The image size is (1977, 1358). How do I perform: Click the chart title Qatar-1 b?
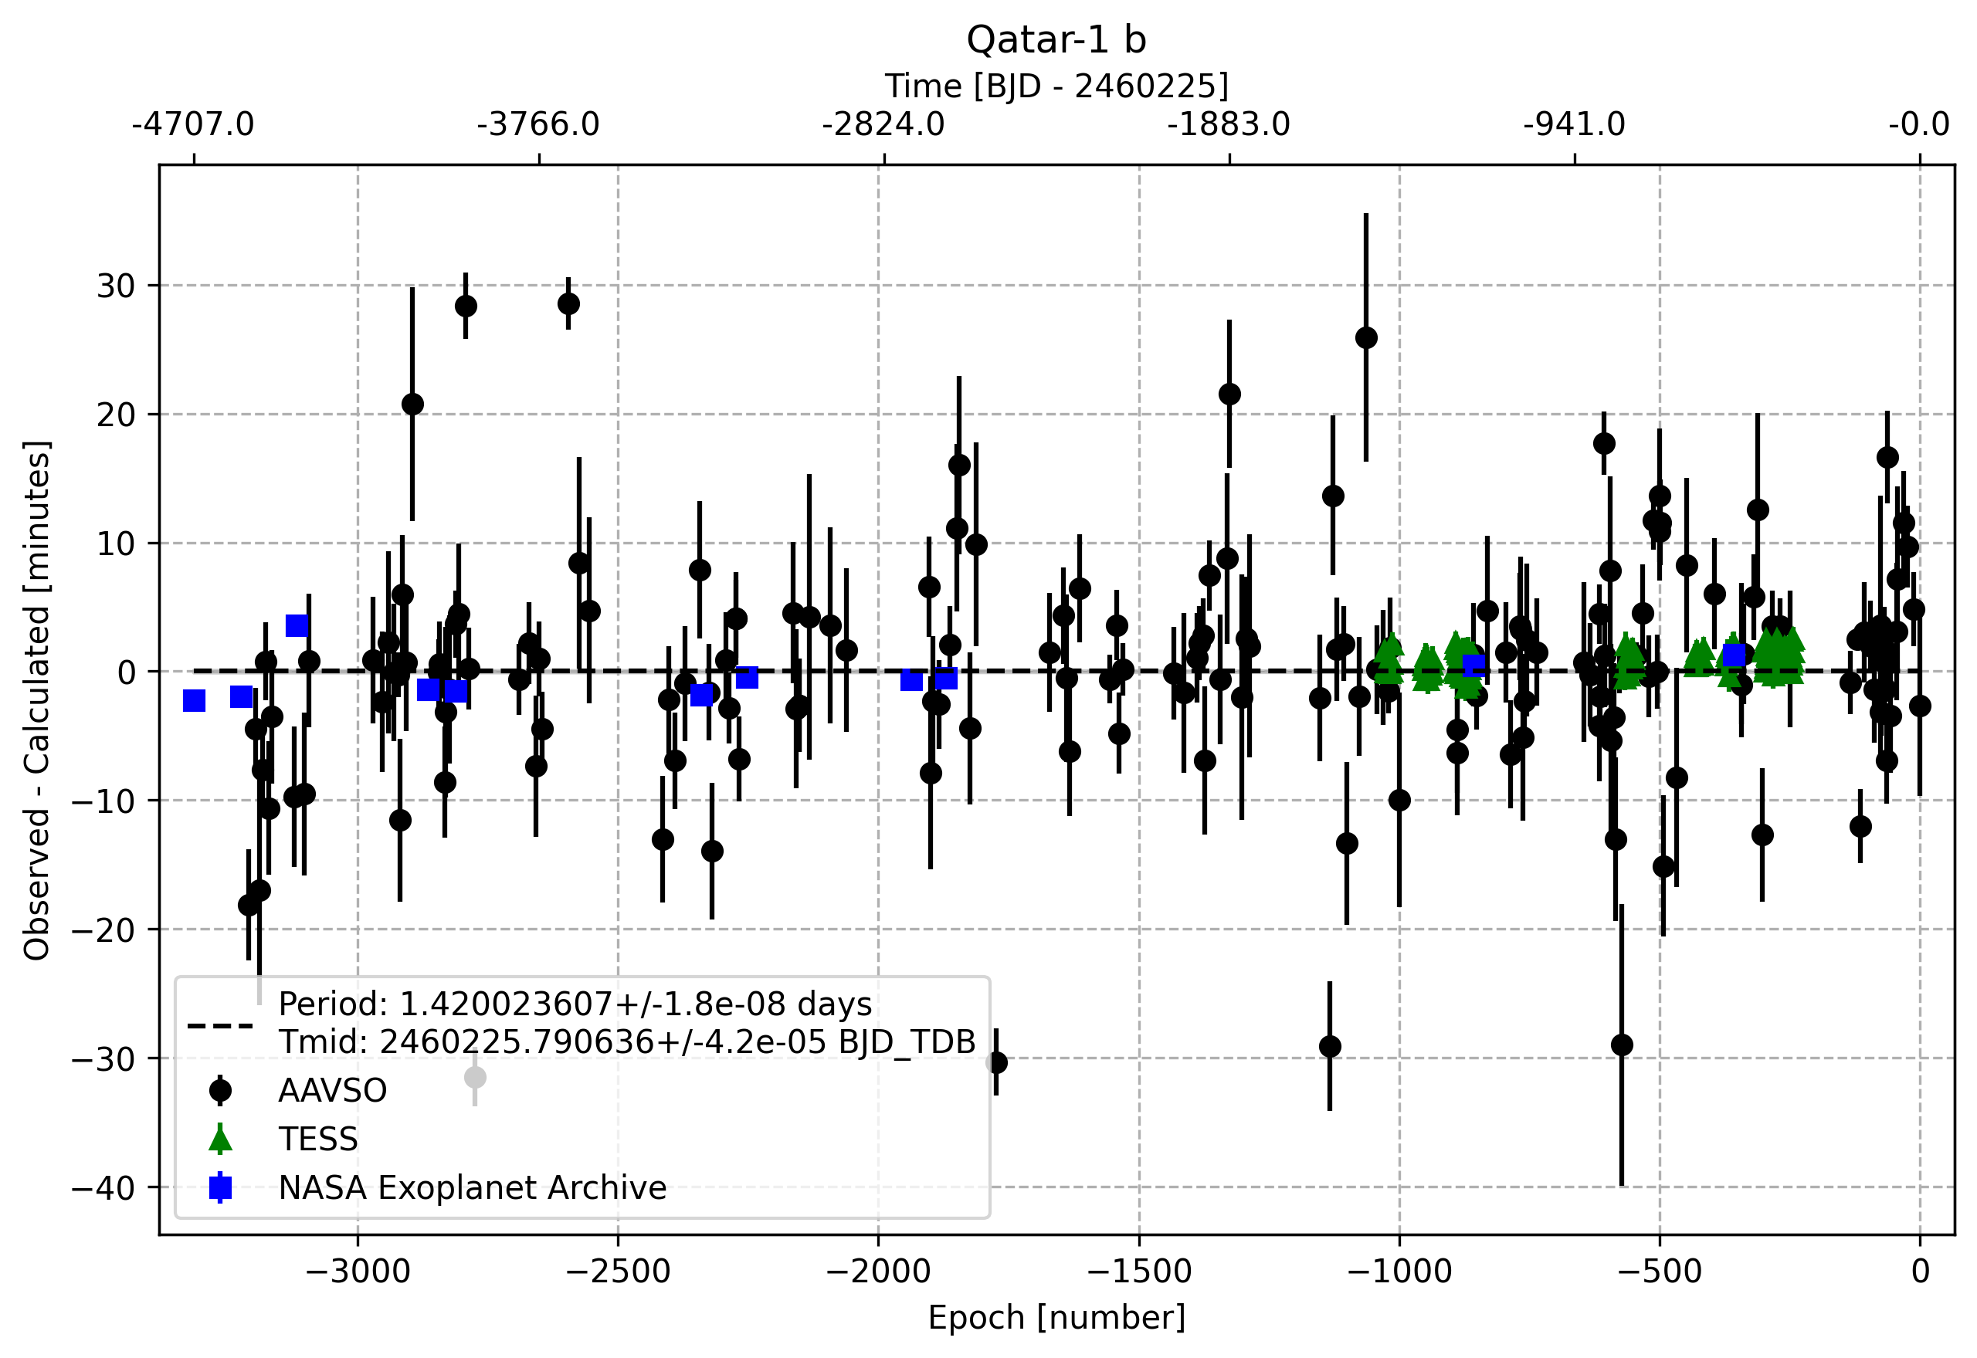(1056, 40)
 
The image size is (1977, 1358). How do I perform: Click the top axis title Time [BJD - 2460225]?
(1056, 86)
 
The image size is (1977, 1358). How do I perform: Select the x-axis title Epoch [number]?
(1056, 1317)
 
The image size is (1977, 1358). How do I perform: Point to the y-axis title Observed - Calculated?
(36, 700)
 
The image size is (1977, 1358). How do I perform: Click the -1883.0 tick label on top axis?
(1228, 125)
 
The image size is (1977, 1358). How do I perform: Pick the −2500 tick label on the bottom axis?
(618, 1272)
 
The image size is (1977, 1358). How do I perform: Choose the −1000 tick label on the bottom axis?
(1399, 1272)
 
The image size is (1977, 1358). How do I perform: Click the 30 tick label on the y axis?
(116, 286)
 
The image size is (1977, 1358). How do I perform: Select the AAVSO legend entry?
(332, 1090)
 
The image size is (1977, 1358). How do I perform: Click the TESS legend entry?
(317, 1139)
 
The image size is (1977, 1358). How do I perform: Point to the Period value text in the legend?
(575, 1004)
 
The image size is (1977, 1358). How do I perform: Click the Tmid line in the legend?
(627, 1041)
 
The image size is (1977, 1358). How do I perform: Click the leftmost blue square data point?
(194, 700)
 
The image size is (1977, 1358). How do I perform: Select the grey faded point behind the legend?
(475, 1077)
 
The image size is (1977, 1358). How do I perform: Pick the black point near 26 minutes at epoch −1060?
(1366, 338)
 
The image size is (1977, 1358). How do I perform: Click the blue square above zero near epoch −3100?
(297, 626)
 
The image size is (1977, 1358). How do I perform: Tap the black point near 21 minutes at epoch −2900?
(412, 405)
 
